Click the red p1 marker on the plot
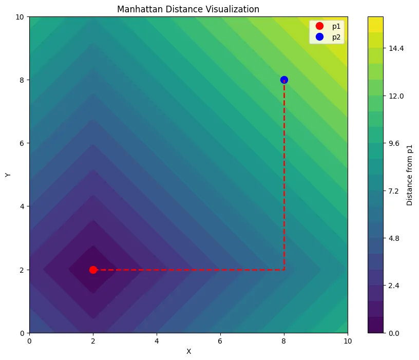click(x=93, y=270)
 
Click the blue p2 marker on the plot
click(x=284, y=80)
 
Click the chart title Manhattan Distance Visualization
click(x=188, y=9)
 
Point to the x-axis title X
click(x=188, y=352)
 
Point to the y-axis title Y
click(x=8, y=175)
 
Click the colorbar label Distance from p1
click(x=409, y=175)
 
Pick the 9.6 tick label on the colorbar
click(x=394, y=143)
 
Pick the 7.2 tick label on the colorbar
click(x=394, y=191)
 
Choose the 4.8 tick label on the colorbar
click(x=394, y=238)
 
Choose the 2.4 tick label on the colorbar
click(x=394, y=286)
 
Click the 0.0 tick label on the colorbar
click(x=394, y=333)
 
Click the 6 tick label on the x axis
click(x=220, y=341)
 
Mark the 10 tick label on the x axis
click(x=348, y=341)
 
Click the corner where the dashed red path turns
click(x=284, y=270)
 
